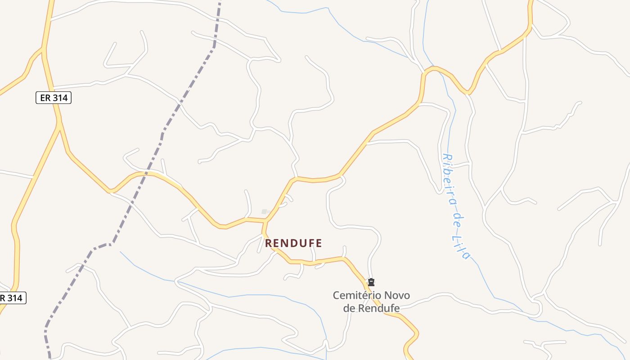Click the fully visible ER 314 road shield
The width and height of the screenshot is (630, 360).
point(54,98)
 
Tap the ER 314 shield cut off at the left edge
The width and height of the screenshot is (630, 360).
point(12,298)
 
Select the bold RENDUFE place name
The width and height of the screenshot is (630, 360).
point(293,243)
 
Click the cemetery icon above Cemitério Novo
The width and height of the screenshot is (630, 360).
point(371,282)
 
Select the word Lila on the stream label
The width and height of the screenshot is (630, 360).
point(463,247)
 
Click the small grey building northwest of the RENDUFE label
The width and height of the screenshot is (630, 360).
point(265,211)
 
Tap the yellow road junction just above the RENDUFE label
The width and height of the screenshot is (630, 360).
point(266,221)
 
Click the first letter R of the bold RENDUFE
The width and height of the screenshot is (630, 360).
point(269,243)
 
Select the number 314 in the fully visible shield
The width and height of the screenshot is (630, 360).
point(60,98)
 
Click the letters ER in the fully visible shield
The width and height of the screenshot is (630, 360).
point(45,98)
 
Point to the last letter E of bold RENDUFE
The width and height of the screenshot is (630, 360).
point(319,243)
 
